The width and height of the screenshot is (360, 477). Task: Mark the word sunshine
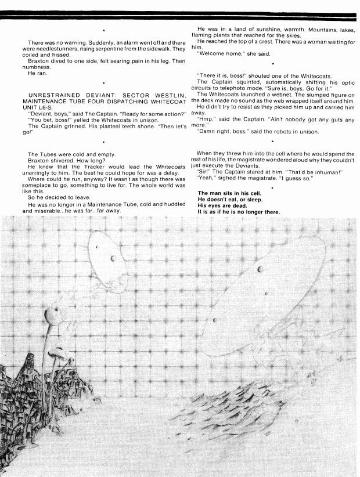click(x=261, y=28)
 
